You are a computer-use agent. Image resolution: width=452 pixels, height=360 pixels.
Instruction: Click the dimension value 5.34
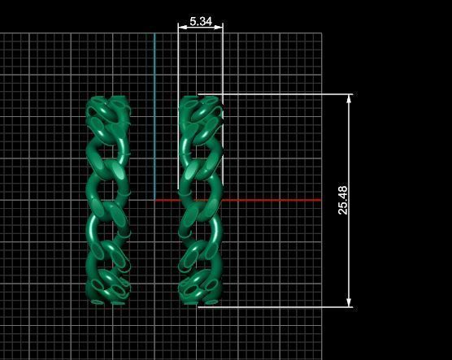click(200, 21)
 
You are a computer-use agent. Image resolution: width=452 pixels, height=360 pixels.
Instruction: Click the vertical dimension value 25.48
click(343, 200)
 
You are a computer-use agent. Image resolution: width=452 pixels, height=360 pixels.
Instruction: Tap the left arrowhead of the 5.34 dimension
click(182, 27)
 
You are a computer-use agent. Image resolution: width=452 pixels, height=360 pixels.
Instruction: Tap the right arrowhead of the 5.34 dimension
click(219, 27)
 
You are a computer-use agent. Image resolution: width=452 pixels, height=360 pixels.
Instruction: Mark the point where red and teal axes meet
click(154, 200)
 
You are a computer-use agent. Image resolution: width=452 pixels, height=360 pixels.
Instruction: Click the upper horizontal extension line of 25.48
click(285, 94)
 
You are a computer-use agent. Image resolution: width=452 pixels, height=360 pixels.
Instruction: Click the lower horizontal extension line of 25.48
click(285, 307)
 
